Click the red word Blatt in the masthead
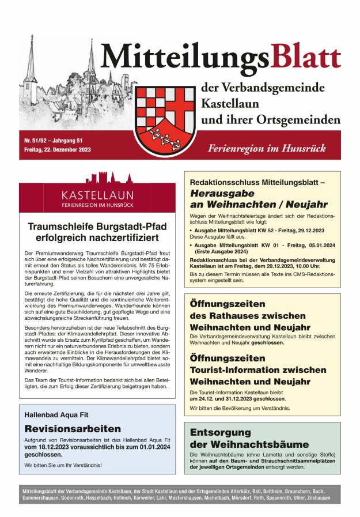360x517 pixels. point(305,58)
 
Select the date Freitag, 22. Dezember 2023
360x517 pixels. point(57,150)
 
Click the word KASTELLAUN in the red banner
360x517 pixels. point(97,195)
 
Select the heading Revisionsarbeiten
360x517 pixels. point(73,428)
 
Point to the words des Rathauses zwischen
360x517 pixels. point(248,316)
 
